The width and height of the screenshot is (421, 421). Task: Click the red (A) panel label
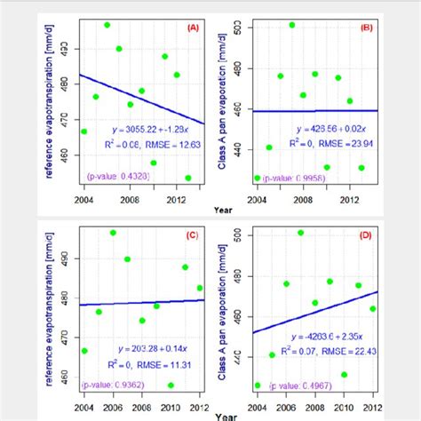pos(193,27)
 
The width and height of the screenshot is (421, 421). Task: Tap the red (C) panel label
pos(193,235)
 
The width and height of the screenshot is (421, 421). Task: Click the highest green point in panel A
pos(107,25)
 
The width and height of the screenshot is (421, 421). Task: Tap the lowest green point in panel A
pos(188,178)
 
